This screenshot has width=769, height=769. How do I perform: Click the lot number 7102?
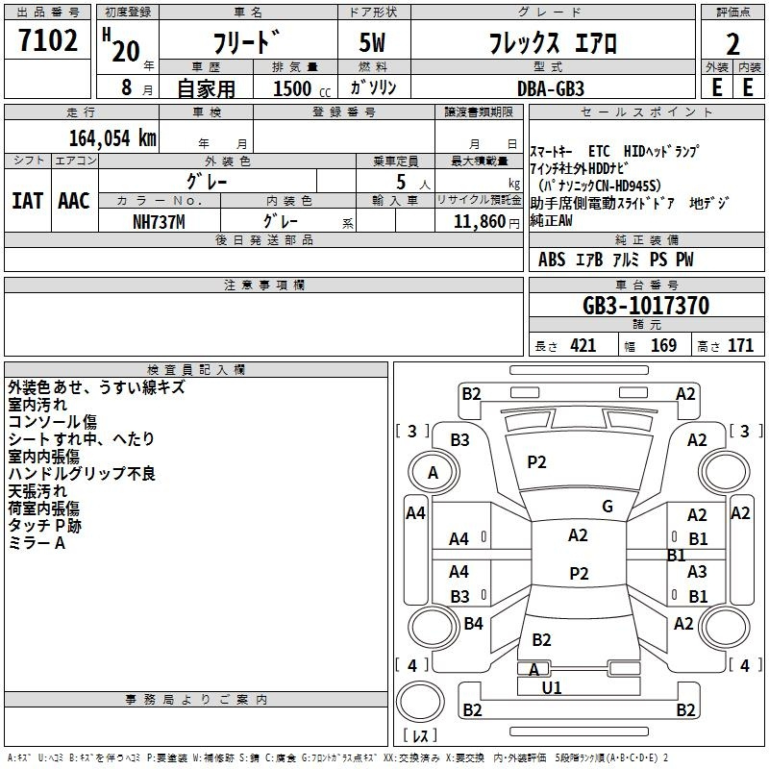click(48, 40)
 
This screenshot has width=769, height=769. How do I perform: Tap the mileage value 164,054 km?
click(112, 138)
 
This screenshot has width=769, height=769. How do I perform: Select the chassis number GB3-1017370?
click(646, 306)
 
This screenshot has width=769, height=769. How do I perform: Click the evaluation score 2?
click(732, 44)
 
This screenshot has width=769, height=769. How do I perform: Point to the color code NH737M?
click(159, 222)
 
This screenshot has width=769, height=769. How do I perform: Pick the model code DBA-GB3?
click(551, 88)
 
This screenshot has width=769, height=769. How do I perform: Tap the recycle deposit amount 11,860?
click(480, 222)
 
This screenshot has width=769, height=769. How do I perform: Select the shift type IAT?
click(27, 201)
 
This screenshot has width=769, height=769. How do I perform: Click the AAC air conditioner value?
click(74, 201)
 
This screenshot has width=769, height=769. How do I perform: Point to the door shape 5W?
click(372, 42)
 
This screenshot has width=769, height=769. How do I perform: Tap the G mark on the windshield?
click(608, 507)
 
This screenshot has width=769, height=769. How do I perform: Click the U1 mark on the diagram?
click(552, 687)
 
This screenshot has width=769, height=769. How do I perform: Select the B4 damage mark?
click(473, 623)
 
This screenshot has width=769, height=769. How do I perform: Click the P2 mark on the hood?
click(536, 462)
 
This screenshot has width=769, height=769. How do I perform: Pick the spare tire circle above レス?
click(420, 702)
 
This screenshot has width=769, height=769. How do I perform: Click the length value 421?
click(583, 346)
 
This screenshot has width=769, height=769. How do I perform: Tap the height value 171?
click(740, 346)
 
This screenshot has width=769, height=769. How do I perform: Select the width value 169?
click(663, 346)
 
